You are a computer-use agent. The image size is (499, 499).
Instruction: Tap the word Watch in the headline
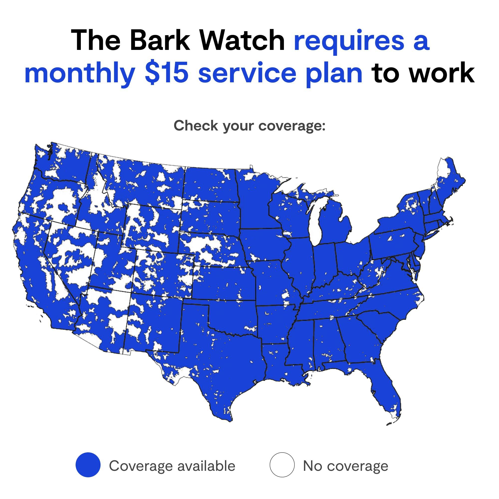coord(242,41)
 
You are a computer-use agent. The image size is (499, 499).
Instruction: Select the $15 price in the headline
coord(166,73)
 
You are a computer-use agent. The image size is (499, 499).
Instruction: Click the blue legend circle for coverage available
coord(88,465)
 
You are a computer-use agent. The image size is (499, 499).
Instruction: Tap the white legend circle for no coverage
coord(282,465)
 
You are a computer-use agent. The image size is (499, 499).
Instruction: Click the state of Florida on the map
coord(385,387)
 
